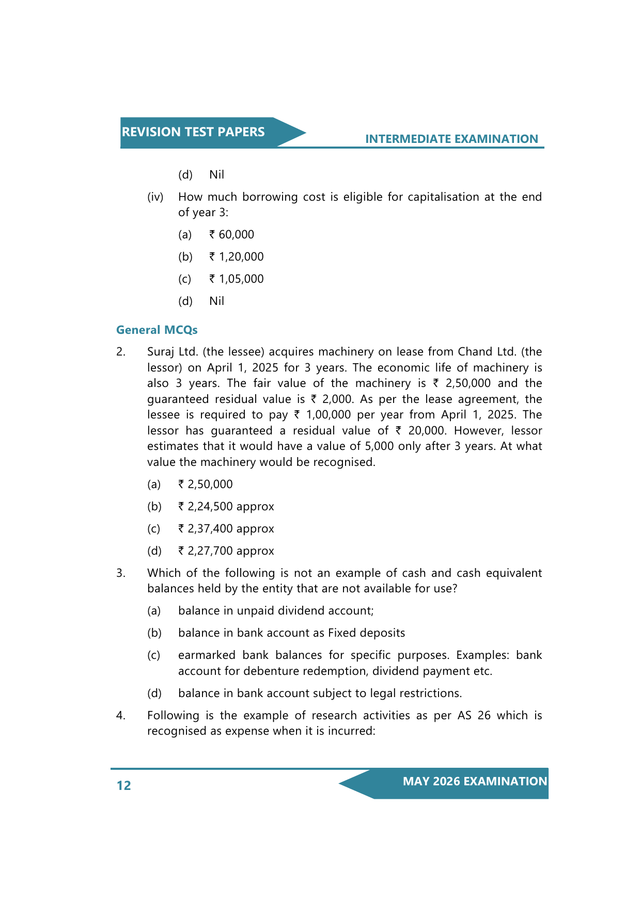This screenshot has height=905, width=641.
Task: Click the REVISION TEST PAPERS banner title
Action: [193, 132]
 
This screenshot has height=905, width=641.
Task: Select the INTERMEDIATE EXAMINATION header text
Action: [451, 139]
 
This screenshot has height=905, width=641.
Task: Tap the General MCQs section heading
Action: [157, 330]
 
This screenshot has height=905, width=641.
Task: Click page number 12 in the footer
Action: [124, 785]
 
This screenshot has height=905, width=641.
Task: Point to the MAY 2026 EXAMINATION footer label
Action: [475, 781]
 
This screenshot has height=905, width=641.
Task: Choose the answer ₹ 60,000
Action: [232, 235]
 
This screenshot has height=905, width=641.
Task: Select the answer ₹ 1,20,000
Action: [237, 257]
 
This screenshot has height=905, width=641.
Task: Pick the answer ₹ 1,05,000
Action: [237, 279]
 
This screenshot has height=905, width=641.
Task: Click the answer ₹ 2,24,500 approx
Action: [226, 507]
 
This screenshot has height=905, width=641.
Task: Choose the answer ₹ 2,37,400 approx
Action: [226, 529]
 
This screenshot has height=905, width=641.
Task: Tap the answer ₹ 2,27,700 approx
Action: [226, 551]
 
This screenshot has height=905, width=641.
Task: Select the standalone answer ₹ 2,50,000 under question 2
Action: [206, 484]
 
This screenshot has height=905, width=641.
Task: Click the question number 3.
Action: [120, 573]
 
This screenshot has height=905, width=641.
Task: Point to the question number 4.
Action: [120, 716]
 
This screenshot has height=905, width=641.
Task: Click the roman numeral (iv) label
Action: [155, 197]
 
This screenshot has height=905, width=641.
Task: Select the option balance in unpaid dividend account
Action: [276, 611]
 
